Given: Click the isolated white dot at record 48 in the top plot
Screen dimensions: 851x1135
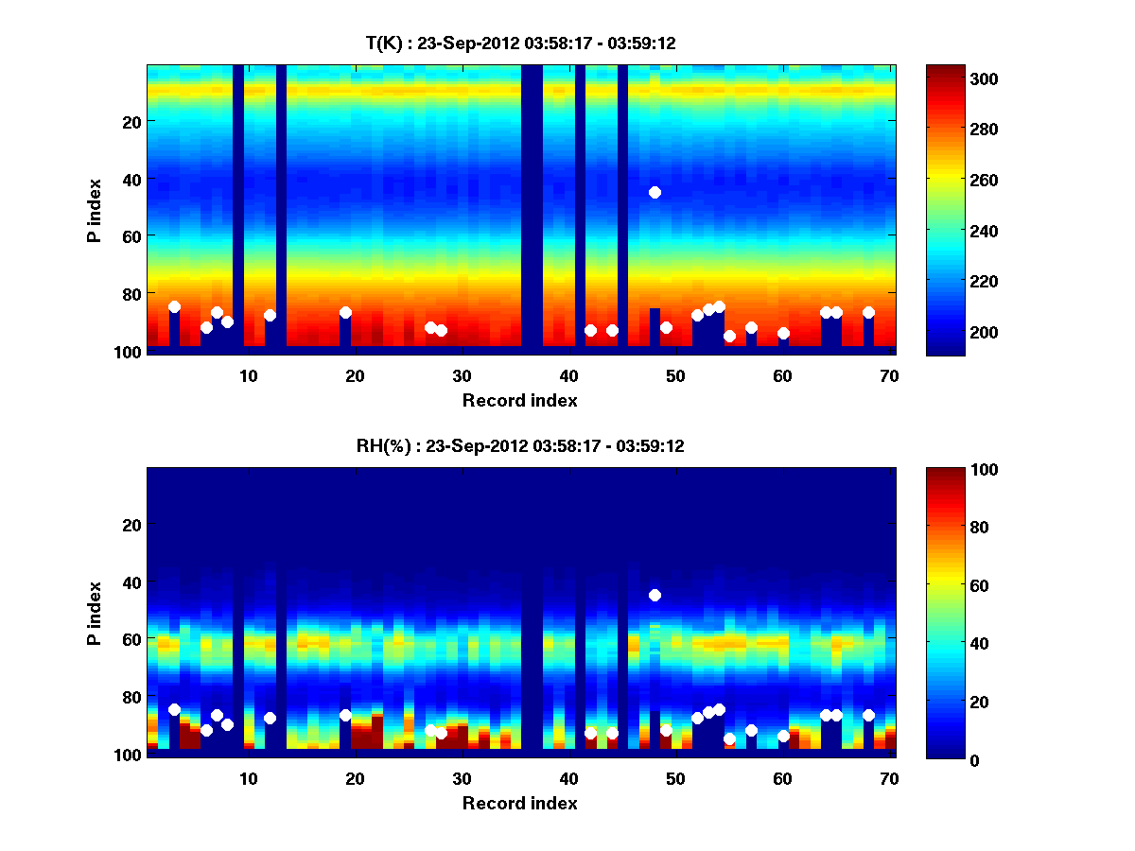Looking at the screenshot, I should coord(655,192).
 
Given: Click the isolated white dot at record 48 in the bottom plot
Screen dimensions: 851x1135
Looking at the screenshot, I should coord(655,595).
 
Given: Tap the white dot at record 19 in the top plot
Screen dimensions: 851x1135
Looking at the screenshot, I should coord(345,312).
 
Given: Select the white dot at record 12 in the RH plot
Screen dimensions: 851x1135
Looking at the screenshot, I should coord(271,718).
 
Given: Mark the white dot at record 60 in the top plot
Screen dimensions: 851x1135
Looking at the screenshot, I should coord(783,333).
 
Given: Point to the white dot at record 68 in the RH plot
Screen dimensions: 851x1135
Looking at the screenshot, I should coord(868,715).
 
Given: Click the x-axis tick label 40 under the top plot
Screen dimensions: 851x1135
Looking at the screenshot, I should coord(568,375).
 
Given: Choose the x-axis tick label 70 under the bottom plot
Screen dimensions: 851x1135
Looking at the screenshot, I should coord(889,778).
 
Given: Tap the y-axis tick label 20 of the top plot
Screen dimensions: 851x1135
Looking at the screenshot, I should coord(131,121).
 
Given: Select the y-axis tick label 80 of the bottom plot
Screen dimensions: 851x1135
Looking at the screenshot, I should coord(131,697).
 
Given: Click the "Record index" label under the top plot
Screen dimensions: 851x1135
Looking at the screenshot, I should coord(520,400).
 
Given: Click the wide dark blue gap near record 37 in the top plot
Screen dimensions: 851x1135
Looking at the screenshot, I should coord(532,208).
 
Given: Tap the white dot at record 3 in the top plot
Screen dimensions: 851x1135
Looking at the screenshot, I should coord(174,306).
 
